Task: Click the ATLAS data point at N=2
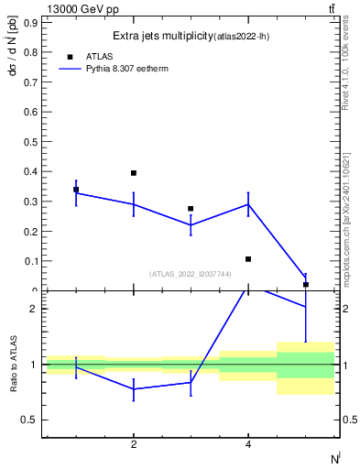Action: (x=134, y=173)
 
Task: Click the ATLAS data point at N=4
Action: (x=248, y=259)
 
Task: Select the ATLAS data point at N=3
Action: (x=191, y=209)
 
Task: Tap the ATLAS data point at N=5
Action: (x=305, y=285)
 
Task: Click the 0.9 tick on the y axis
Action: (x=31, y=22)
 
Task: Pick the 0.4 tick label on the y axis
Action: (x=31, y=171)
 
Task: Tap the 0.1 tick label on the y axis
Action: (x=31, y=261)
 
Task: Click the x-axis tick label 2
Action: (x=134, y=445)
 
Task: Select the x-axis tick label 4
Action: (x=248, y=445)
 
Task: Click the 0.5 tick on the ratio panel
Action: (x=30, y=420)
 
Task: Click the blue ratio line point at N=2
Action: (x=134, y=388)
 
